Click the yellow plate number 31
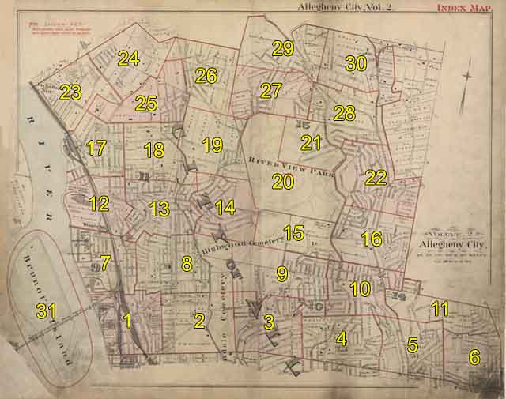tap(46, 311)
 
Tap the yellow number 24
tap(128, 58)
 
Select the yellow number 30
tap(356, 64)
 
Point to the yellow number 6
tap(474, 357)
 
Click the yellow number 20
tap(282, 182)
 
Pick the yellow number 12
tap(99, 204)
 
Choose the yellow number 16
tap(372, 239)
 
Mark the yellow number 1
tap(127, 322)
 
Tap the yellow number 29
tap(282, 48)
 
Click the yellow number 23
tap(70, 92)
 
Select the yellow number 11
tap(440, 309)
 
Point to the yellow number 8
tap(187, 264)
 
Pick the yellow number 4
tap(341, 339)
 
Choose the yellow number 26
tap(206, 76)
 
